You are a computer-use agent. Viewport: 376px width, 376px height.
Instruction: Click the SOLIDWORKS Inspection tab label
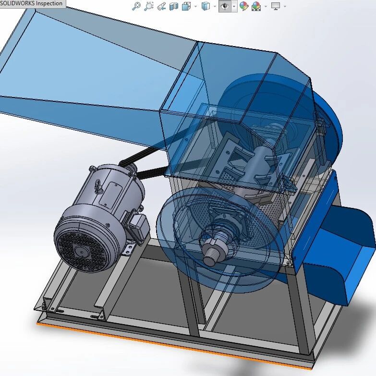point(31,3)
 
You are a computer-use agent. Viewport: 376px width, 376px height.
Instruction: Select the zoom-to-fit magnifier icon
point(136,6)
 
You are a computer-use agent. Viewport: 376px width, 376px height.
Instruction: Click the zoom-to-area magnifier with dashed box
point(149,6)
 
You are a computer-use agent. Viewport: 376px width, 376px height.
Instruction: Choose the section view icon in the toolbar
point(174,6)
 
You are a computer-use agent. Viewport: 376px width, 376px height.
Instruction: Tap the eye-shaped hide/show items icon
point(225,6)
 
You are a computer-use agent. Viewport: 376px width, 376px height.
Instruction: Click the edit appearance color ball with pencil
point(244,6)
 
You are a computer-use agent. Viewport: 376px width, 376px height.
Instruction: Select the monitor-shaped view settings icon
point(276,6)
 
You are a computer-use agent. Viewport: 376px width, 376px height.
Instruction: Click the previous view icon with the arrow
point(161,6)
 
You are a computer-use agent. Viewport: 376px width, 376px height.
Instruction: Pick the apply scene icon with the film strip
point(256,6)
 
